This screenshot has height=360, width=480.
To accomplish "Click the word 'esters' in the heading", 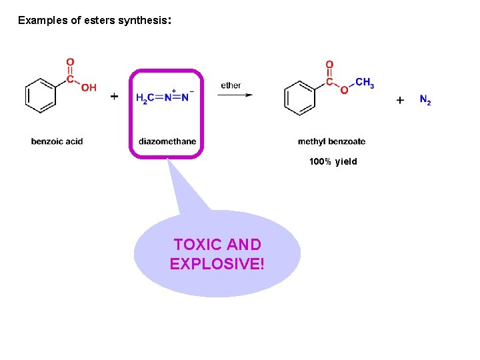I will pos(100,20).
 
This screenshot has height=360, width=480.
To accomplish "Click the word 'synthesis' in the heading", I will pos(142,20).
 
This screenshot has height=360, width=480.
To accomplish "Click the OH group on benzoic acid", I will pos(88,88).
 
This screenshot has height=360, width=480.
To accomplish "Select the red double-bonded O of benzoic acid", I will pos(70,62).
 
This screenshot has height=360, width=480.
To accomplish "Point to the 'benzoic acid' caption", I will pos(57,141).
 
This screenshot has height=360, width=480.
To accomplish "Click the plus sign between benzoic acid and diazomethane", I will pos(114,97).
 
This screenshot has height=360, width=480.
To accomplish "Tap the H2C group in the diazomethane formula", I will pos(145,98).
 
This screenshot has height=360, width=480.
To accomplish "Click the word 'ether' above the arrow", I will pos(231,85).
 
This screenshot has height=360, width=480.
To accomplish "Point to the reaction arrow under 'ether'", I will pos(235,95).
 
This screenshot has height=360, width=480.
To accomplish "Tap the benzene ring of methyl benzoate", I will pos(299,98).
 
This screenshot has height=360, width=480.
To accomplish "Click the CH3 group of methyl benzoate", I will pos(365,83).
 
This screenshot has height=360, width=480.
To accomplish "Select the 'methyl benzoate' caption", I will pos(331,141).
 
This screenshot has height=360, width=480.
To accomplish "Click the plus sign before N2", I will pos(400,100).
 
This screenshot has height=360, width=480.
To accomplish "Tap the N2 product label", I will pos(425,100).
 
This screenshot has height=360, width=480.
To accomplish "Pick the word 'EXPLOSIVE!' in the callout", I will pos(217,264).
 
